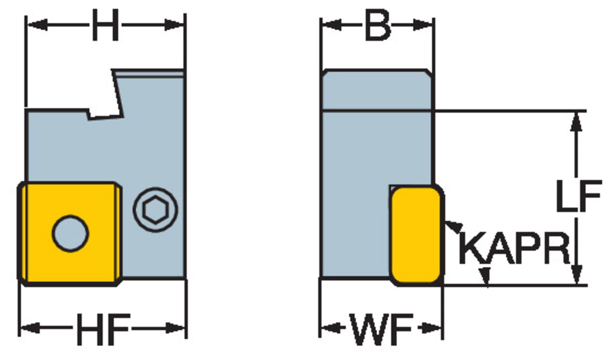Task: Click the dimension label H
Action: pos(105,26)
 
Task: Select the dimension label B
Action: pos(378,26)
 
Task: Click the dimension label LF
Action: pos(578,197)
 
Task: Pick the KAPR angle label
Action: pos(514,248)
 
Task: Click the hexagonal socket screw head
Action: pos(155,210)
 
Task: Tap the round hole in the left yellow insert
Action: pos(70,233)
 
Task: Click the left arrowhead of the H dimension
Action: pos(35,25)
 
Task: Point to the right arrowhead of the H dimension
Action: pos(176,25)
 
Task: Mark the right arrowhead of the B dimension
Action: pos(425,25)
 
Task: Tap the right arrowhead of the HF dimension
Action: pos(177,328)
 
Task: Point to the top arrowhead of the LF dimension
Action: pos(576,120)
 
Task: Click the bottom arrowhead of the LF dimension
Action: pos(576,276)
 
